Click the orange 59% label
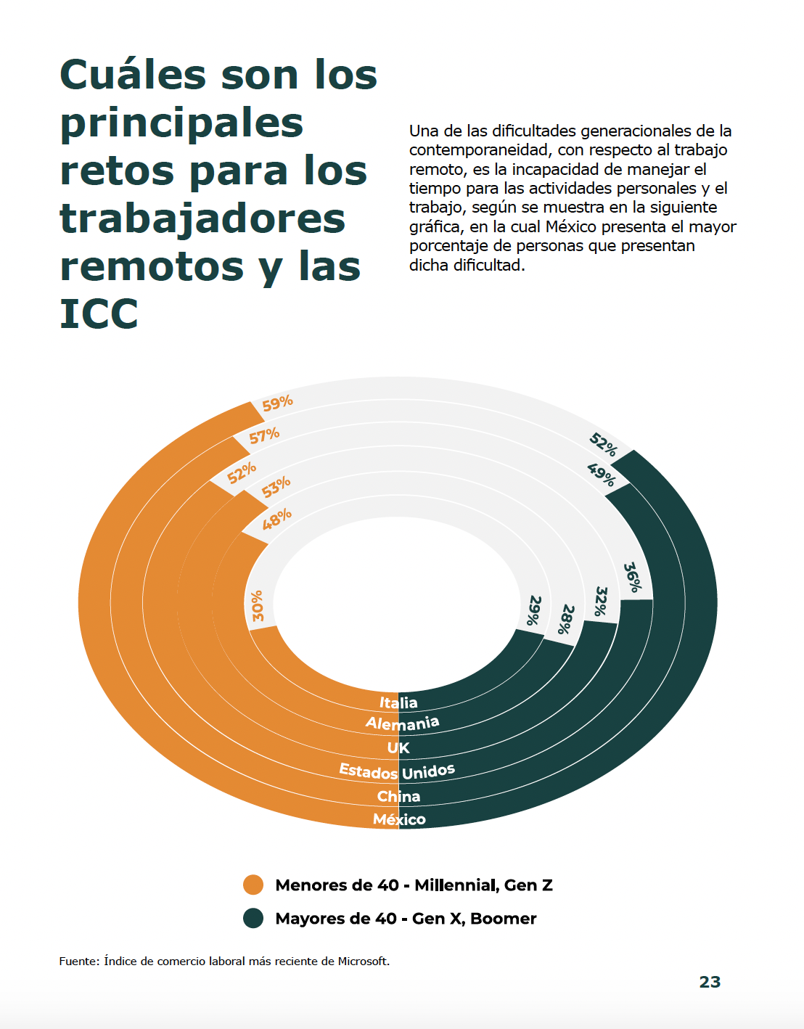(277, 403)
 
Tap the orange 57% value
(264, 435)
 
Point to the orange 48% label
(276, 519)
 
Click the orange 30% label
(258, 606)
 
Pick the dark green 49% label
(601, 475)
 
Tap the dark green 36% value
(632, 578)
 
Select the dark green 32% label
(600, 602)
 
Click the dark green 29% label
(534, 610)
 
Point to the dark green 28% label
(566, 620)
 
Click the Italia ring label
(398, 702)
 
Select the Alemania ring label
(402, 723)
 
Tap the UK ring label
(398, 747)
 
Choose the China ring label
(398, 796)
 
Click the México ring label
(399, 819)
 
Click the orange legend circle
(253, 885)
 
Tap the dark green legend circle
(253, 918)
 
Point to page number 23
(710, 982)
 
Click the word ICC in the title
(99, 313)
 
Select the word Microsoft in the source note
(363, 961)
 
